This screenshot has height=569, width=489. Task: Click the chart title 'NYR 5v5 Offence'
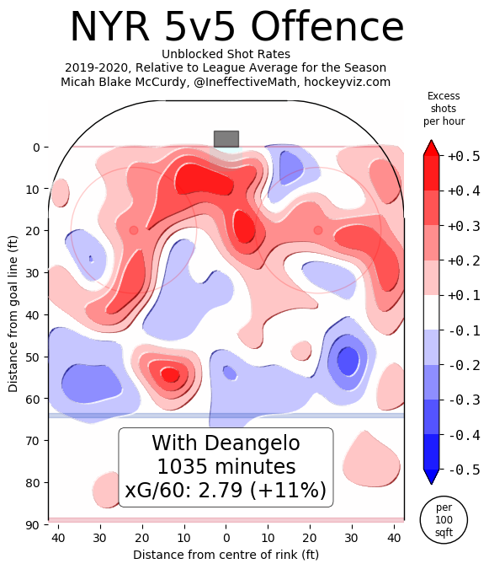[237, 27]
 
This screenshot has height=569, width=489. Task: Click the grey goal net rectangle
[226, 138]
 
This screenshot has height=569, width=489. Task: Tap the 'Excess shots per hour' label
[443, 109]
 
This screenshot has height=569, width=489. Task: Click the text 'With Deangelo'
[226, 443]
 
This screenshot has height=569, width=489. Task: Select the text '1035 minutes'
[226, 466]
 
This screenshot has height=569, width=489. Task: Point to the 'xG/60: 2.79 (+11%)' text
[226, 491]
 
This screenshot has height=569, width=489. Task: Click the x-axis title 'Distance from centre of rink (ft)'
[226, 555]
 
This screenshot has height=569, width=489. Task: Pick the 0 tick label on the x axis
[226, 536]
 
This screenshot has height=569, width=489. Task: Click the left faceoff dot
[134, 230]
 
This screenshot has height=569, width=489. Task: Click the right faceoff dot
[318, 230]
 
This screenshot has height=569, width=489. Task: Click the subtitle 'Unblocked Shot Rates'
[226, 54]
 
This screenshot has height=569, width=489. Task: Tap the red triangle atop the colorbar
[431, 148]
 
